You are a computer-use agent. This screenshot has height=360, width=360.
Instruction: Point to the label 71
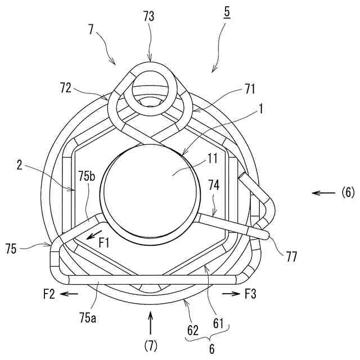tap(250, 88)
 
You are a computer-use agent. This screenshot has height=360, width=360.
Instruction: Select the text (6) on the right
tap(348, 193)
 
